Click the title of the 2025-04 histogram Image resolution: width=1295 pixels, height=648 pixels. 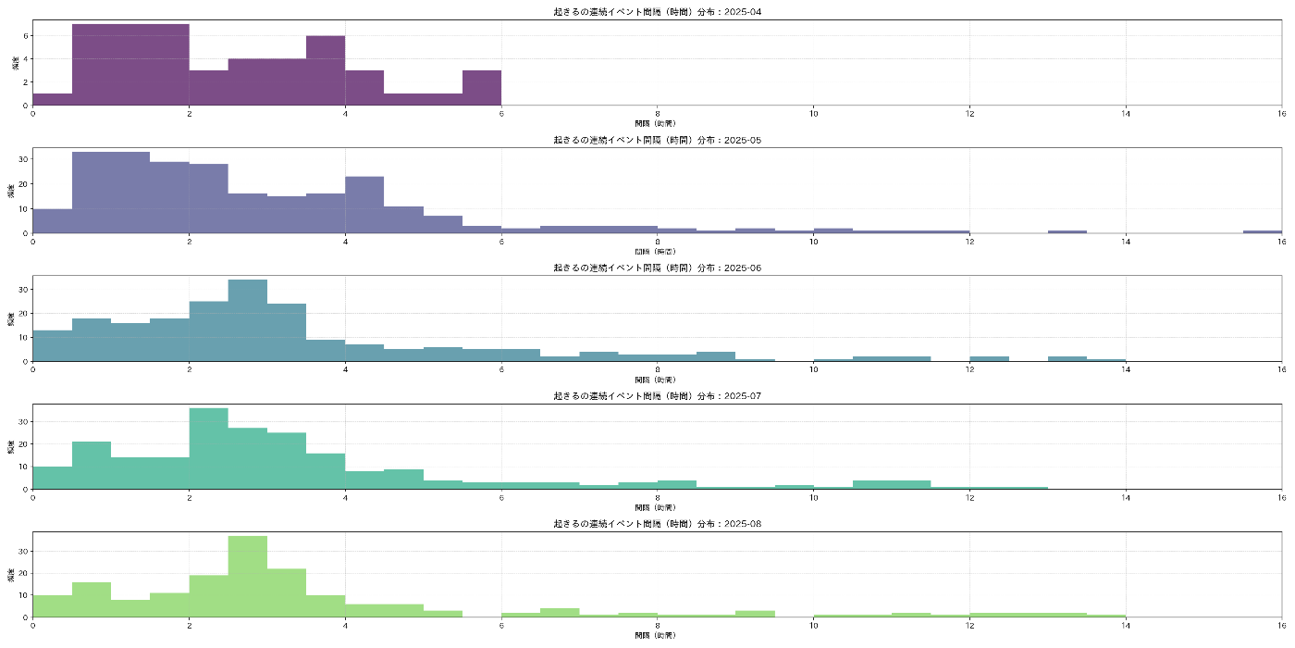pyautogui.click(x=657, y=12)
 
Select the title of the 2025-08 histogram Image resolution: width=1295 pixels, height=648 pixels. pyautogui.click(x=657, y=524)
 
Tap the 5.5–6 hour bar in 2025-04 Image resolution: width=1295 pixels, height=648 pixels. pyautogui.click(x=482, y=88)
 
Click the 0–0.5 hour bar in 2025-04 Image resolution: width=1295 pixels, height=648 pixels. pyautogui.click(x=53, y=99)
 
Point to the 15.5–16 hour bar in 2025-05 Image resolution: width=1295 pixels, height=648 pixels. pyautogui.click(x=1263, y=231)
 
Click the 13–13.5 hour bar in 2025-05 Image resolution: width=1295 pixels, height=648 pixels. pyautogui.click(x=1067, y=231)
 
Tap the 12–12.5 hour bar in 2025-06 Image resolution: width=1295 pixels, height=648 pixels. pyautogui.click(x=989, y=358)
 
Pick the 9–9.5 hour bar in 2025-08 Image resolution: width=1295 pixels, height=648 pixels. pyautogui.click(x=755, y=614)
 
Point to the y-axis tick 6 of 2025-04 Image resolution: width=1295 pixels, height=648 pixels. pyautogui.click(x=27, y=35)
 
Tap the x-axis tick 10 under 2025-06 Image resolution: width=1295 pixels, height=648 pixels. pyautogui.click(x=813, y=368)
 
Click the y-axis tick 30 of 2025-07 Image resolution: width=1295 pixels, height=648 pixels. pyautogui.click(x=25, y=421)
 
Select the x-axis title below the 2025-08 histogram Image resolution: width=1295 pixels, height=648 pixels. pyautogui.click(x=657, y=636)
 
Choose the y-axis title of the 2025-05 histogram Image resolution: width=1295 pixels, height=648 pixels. pyautogui.click(x=11, y=191)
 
